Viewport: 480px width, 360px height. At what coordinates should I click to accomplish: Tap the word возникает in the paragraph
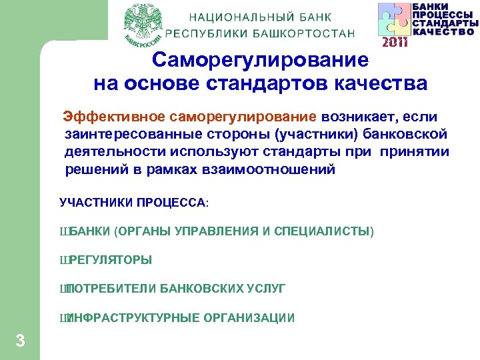tap(356, 118)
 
